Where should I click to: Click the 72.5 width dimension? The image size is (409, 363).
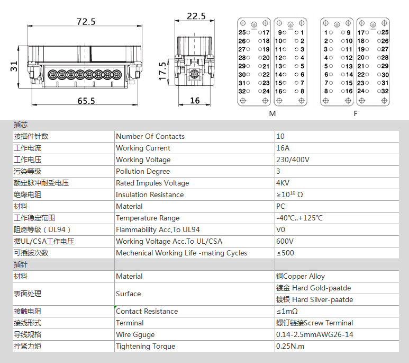click(86, 21)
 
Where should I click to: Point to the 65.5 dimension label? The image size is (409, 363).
click(86, 101)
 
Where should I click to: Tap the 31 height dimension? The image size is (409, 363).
click(14, 66)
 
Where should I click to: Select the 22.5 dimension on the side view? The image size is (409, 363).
click(196, 16)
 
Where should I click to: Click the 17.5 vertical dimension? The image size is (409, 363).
click(162, 71)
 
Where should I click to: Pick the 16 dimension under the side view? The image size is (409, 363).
click(195, 100)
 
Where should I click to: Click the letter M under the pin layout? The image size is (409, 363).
click(272, 113)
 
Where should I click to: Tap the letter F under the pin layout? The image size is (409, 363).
click(355, 113)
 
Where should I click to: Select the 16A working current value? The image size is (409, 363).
click(283, 148)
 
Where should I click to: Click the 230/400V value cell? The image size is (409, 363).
click(293, 160)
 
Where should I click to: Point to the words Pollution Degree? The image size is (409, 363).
click(143, 172)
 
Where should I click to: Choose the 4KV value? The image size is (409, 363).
click(283, 183)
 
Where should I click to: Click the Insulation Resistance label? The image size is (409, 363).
click(150, 194)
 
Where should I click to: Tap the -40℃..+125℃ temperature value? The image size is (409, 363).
click(299, 218)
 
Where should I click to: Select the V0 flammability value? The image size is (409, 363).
click(280, 229)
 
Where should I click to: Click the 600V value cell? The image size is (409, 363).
click(285, 241)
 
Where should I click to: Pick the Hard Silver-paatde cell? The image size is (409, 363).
click(315, 299)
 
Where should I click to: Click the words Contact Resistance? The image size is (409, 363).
click(147, 311)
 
